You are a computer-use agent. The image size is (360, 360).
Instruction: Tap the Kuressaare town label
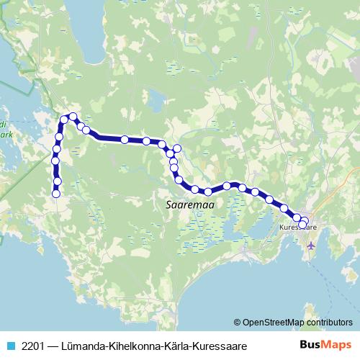298,227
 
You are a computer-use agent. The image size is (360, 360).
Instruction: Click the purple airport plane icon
311,245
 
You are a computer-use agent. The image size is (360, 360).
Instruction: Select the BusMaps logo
327,346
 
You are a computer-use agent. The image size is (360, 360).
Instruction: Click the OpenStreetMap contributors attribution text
293,323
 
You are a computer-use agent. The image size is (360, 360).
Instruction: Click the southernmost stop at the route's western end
55,193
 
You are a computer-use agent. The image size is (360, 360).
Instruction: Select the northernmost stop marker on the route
73,116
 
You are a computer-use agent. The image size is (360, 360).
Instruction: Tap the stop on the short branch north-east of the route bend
176,148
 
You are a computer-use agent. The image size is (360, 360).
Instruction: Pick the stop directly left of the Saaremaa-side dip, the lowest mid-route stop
195,189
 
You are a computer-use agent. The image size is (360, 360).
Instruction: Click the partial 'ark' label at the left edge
6,134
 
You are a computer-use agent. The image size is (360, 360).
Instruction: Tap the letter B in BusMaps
305,346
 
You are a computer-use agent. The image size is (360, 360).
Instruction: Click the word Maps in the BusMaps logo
338,346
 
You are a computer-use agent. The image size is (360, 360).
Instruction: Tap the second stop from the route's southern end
57,180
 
